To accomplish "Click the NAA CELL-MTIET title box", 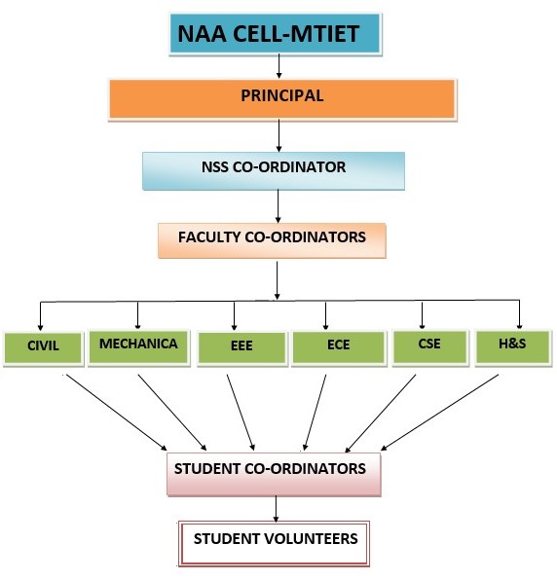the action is click(x=276, y=34).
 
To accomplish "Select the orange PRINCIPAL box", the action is click(x=282, y=99).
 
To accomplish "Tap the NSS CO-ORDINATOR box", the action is click(x=274, y=171).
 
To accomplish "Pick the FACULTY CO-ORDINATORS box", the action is click(x=272, y=240).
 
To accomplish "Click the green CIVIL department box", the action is click(x=43, y=348).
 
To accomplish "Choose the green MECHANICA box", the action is click(x=139, y=347).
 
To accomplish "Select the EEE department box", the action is click(x=242, y=348).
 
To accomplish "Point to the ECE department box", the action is click(x=339, y=348).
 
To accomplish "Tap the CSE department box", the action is click(x=430, y=347).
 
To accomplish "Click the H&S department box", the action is click(x=513, y=347).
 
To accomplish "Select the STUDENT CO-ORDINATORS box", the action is click(x=274, y=474).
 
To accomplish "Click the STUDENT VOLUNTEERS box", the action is click(x=275, y=543).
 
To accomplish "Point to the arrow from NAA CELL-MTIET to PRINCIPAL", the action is click(x=279, y=66).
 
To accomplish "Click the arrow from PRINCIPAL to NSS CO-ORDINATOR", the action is click(x=279, y=135).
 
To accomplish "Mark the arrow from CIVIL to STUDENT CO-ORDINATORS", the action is click(x=117, y=412).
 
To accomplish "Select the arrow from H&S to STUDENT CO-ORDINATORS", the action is click(x=439, y=412).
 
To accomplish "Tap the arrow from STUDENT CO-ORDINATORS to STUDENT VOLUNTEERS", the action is click(x=276, y=509).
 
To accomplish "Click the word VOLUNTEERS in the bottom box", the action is click(x=312, y=539).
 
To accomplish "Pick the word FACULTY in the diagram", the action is click(x=209, y=237).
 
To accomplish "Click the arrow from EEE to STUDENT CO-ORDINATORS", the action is click(x=241, y=412).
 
